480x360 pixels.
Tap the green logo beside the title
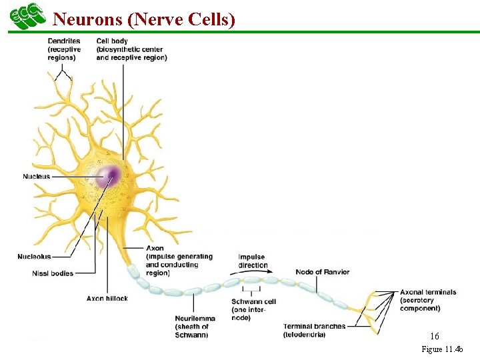click(27, 16)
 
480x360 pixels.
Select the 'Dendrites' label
click(64, 41)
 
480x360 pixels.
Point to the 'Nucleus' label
click(36, 176)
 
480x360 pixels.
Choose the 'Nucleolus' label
click(34, 257)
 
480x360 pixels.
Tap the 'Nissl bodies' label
click(53, 273)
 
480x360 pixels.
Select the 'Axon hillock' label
click(107, 298)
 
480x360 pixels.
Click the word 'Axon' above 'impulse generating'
click(155, 248)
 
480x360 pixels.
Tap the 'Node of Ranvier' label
click(322, 272)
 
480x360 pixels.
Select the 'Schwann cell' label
click(253, 302)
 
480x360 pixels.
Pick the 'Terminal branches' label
click(314, 326)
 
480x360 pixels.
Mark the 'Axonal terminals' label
click(428, 292)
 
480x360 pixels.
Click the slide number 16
click(435, 337)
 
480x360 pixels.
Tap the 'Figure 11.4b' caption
click(446, 349)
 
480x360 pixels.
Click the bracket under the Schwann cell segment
click(251, 291)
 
